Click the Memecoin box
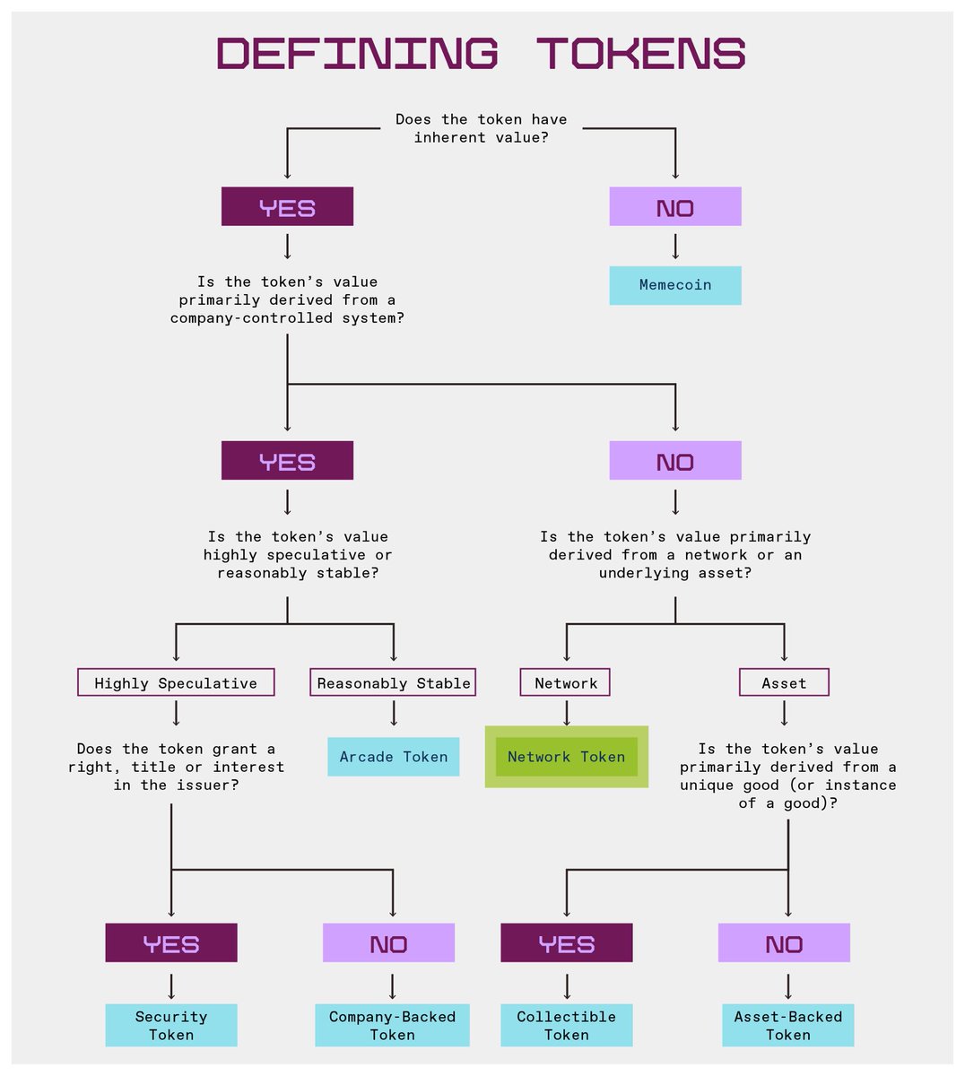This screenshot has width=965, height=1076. click(675, 285)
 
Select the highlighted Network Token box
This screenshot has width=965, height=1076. click(566, 757)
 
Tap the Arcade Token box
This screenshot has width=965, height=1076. click(393, 757)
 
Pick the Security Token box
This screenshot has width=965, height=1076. click(170, 1025)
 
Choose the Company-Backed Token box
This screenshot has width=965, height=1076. click(392, 1025)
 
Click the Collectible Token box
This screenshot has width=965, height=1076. click(566, 1025)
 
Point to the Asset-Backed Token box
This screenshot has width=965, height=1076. click(787, 1025)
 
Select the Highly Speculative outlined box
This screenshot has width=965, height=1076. click(176, 682)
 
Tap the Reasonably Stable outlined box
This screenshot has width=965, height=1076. click(393, 682)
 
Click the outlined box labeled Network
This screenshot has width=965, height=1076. click(565, 682)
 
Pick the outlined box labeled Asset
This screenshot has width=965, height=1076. click(784, 682)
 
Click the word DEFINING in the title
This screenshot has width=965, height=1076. click(357, 54)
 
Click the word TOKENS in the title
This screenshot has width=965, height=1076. click(641, 54)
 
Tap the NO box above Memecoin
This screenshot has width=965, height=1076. click(675, 207)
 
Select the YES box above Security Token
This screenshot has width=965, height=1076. click(170, 943)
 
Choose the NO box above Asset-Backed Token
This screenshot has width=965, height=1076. click(784, 943)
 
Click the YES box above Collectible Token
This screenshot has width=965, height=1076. click(566, 943)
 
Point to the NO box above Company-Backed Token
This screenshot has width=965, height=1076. click(388, 943)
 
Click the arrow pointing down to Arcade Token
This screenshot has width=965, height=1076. click(393, 715)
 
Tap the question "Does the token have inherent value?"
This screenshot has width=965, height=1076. click(481, 128)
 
